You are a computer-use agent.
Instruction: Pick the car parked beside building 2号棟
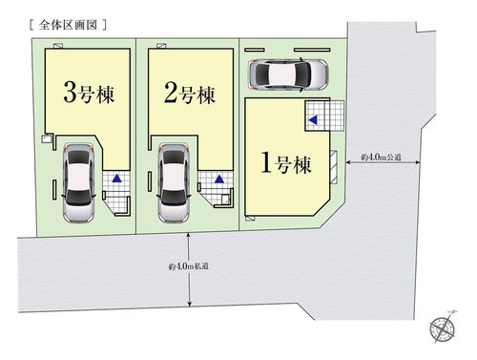coord(176,183)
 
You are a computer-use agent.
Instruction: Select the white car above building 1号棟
coord(287,73)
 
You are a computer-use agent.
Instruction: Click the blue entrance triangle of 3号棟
coord(115,178)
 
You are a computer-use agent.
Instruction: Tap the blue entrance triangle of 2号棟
coord(219,178)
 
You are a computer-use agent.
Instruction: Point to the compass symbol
coord(444,328)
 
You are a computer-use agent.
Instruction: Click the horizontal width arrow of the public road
coord(383,165)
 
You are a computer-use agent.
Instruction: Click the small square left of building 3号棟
coord(45,138)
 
